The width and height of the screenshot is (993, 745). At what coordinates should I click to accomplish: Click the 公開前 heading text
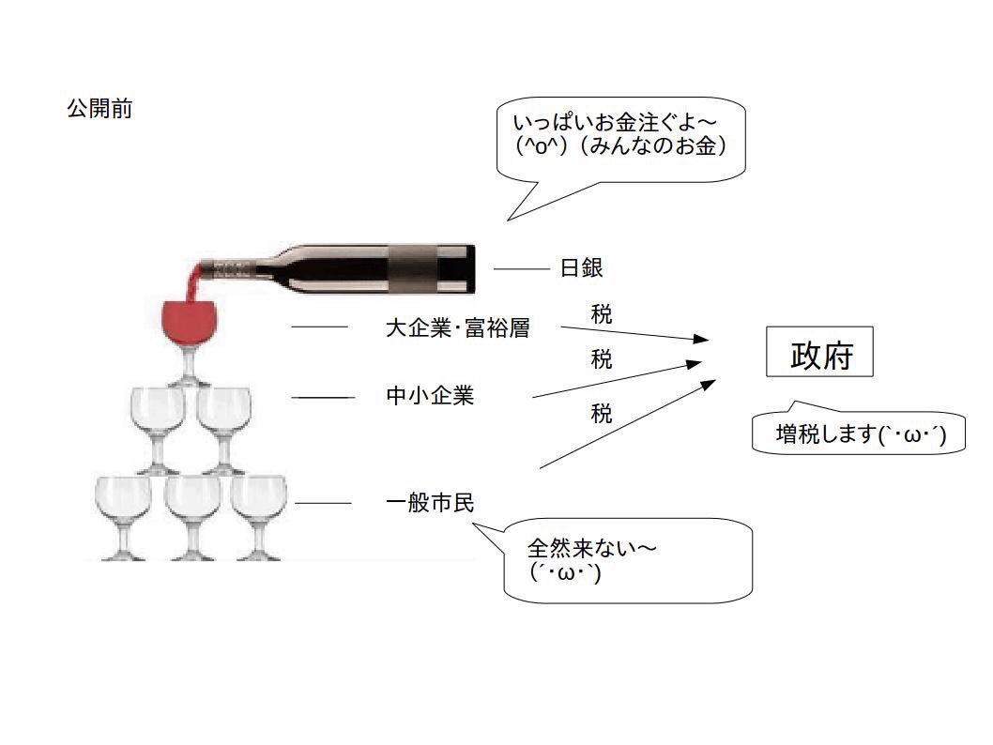99,109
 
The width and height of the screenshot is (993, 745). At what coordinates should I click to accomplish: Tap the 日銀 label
581,268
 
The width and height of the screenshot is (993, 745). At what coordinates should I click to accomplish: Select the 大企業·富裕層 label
457,328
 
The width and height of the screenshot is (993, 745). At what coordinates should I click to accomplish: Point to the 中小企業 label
430,396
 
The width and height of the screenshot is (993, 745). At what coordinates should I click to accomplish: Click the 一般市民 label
430,504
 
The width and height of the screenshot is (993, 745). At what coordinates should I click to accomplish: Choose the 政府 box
821,352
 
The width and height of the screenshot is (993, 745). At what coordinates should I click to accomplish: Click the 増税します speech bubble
859,434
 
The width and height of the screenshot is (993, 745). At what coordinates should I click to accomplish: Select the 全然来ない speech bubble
629,560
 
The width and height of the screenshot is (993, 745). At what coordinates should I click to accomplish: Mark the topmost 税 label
602,314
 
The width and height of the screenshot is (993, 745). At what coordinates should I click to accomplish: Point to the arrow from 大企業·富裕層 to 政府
634,333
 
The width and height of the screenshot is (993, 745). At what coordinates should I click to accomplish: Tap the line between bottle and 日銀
521,269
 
